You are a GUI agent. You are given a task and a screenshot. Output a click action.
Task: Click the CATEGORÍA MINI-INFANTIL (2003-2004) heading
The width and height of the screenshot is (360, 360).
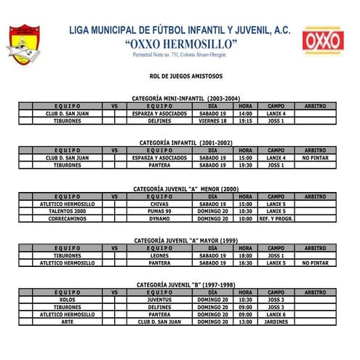(186, 98)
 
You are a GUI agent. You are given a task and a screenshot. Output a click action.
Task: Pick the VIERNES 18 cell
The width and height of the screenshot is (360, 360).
(213, 121)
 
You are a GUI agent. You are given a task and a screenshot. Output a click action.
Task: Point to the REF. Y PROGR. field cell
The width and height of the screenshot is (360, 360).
(276, 218)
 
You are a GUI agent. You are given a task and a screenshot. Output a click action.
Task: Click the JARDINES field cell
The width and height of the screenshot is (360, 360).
(276, 321)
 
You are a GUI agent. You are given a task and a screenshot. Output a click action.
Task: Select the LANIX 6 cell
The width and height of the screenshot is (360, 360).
(276, 314)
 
